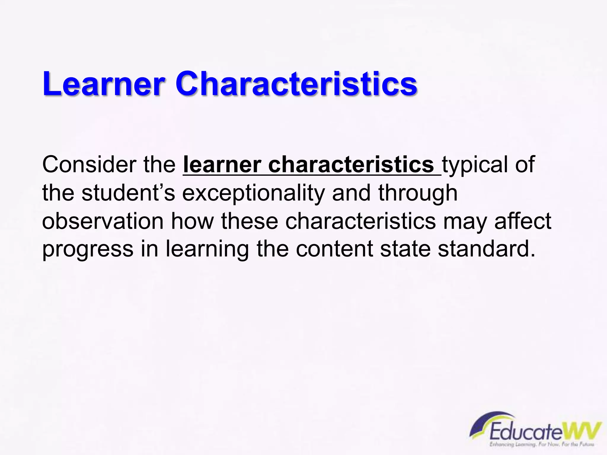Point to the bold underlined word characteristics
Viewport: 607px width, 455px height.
(351, 164)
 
